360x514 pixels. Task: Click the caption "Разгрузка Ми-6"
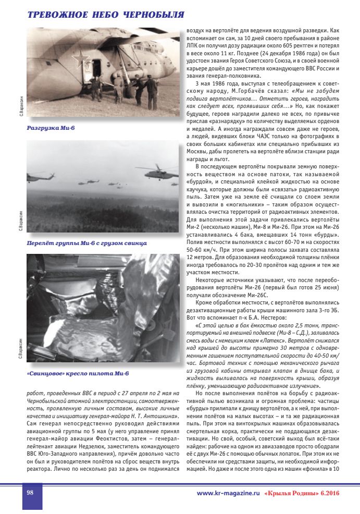tap(51, 128)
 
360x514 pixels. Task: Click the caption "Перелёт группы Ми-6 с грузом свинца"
tap(86, 243)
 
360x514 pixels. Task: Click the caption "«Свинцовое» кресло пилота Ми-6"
tap(78, 374)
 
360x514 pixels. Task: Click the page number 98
tap(31, 493)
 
